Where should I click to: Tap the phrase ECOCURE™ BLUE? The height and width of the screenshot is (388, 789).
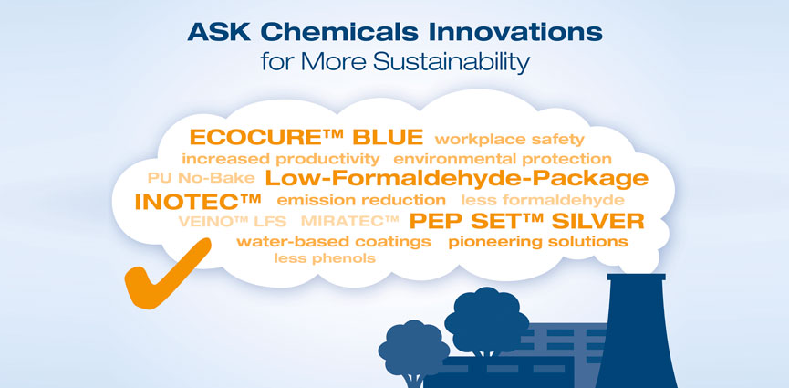[306, 137]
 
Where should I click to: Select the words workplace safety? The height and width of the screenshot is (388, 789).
[509, 140]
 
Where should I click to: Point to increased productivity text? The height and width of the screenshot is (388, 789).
[281, 159]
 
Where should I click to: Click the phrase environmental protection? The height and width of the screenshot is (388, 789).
[503, 159]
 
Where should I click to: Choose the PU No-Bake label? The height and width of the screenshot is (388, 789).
[202, 178]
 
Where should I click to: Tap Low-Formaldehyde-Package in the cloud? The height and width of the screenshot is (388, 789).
[456, 178]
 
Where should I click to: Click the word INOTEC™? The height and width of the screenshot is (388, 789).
[198, 202]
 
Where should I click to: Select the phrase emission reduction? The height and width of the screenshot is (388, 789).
[361, 200]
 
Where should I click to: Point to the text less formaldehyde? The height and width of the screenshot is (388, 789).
[543, 200]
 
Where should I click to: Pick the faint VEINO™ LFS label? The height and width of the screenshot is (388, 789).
[232, 221]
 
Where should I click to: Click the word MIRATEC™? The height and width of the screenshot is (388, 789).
[349, 221]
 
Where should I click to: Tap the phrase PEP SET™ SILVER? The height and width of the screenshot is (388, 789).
[527, 221]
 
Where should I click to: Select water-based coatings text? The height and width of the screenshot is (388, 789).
[334, 242]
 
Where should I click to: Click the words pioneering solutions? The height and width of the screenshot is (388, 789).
[538, 242]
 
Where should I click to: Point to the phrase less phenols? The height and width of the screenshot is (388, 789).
[325, 258]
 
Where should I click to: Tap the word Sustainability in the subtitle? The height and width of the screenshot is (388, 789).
[451, 62]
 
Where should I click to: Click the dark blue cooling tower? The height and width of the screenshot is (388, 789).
[638, 331]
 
